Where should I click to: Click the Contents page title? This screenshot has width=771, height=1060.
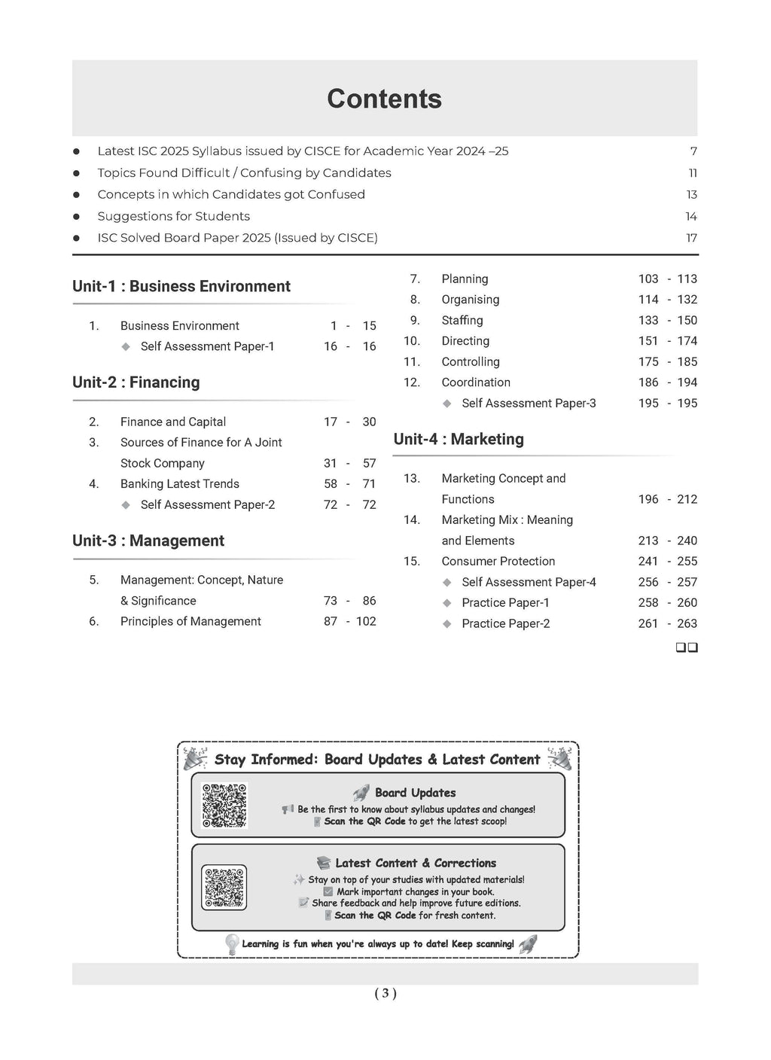click(384, 99)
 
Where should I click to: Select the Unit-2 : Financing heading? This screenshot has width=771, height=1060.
click(136, 382)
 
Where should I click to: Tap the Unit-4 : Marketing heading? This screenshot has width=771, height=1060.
click(459, 439)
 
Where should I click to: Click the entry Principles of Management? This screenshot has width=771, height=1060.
click(190, 621)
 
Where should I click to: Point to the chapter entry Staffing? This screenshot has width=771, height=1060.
click(462, 320)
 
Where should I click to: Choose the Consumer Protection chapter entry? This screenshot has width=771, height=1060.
click(498, 561)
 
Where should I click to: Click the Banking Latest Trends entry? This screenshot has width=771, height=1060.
click(179, 483)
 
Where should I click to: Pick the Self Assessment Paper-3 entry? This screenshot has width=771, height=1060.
click(529, 403)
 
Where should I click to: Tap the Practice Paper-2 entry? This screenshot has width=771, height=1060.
click(505, 623)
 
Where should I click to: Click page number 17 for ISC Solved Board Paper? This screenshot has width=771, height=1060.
click(691, 238)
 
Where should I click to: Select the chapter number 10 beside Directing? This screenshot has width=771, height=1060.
click(412, 341)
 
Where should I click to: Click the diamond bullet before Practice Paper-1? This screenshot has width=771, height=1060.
click(447, 603)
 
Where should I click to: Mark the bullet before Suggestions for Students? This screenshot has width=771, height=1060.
click(76, 217)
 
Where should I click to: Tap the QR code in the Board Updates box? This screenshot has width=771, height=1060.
click(224, 806)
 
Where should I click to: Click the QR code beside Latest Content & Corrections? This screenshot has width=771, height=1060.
click(224, 887)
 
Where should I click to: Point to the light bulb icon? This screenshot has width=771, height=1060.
click(232, 943)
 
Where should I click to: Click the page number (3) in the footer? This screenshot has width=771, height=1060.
click(385, 993)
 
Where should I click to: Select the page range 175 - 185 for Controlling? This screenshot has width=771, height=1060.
click(668, 361)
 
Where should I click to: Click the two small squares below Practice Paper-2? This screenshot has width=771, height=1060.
click(687, 647)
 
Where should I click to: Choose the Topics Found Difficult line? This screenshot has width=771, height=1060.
click(244, 172)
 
